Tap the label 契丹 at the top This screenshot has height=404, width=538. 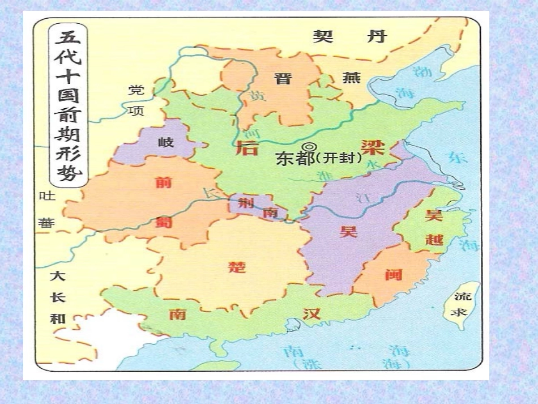click(x=350, y=36)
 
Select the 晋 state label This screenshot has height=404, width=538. click(x=283, y=78)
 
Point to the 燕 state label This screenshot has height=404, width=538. click(x=351, y=78)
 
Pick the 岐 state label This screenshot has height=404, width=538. click(x=166, y=142)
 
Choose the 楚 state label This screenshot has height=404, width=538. click(x=236, y=267)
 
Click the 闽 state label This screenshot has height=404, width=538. click(x=393, y=274)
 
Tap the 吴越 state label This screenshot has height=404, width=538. click(x=434, y=227)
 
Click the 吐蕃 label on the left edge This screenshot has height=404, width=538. click(x=46, y=210)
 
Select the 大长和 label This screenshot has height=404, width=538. click(x=57, y=297)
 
